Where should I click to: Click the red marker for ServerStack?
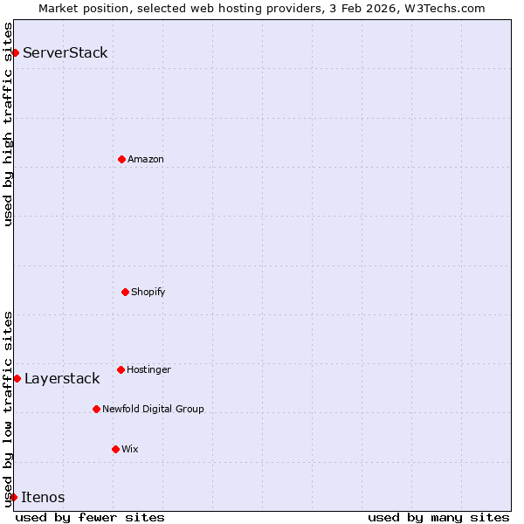point(15,52)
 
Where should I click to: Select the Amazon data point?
point(121,159)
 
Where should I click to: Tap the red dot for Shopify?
point(125,292)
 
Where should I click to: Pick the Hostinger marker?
point(121,369)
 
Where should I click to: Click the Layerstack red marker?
point(17,378)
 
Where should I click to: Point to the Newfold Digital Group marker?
point(96,409)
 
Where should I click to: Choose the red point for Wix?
point(115,449)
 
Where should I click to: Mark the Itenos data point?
point(13,497)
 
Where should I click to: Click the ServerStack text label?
point(65,52)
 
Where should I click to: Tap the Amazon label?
point(146,159)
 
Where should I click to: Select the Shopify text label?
point(148,292)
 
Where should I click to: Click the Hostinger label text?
point(148,369)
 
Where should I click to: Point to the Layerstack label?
point(62,378)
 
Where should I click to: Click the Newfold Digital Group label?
point(153,409)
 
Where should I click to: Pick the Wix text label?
point(130,449)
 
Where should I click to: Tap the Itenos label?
point(43,497)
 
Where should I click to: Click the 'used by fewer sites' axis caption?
point(90,517)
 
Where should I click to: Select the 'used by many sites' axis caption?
point(438,517)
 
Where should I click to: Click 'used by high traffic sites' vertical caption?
point(8,124)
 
